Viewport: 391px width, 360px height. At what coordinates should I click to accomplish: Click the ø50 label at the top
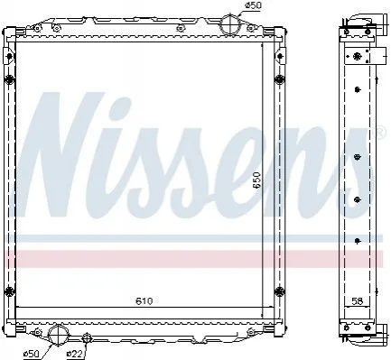point(254,5)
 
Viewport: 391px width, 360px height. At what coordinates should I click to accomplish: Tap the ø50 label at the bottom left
point(32,354)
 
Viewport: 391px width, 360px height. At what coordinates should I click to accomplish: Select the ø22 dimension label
point(74,354)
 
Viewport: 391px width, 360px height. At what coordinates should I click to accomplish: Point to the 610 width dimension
point(144,300)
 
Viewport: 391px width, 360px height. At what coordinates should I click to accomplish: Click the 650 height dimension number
point(256,180)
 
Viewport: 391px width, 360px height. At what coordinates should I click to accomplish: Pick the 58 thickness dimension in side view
point(357,300)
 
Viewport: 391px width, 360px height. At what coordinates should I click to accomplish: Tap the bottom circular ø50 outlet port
point(58,335)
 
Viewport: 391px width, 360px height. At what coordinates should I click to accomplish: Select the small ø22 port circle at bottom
point(86,337)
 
